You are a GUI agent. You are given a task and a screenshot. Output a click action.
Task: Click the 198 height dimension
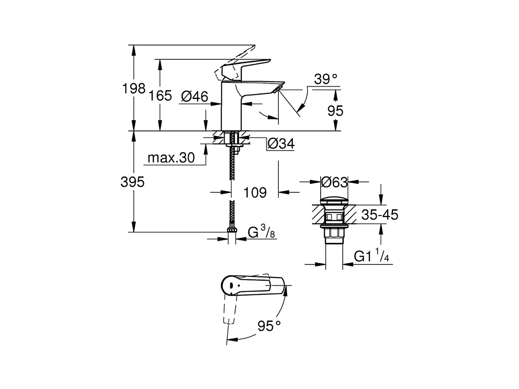[x=134, y=88]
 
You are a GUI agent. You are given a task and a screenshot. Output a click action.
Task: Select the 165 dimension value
[x=160, y=96]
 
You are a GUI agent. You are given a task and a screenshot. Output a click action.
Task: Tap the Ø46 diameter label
[x=195, y=96]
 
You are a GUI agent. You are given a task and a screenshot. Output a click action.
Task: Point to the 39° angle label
[x=326, y=79]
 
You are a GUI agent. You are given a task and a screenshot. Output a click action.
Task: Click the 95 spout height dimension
[x=335, y=111]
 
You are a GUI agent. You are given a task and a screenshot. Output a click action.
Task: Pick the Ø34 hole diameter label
[x=281, y=144]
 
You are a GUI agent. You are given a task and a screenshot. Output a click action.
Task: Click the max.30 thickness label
[x=171, y=158]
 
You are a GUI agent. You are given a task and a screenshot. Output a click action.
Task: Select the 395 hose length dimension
[x=132, y=182]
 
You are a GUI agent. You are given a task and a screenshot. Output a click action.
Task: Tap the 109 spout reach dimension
[x=255, y=192]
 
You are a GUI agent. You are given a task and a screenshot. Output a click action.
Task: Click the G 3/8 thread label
[x=261, y=231]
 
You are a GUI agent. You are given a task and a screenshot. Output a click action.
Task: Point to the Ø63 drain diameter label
[x=334, y=182]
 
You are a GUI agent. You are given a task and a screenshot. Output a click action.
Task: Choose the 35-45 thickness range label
[x=380, y=215]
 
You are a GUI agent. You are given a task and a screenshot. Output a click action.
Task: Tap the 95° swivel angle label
[x=270, y=326]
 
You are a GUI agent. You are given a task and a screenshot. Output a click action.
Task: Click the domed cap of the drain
[x=334, y=201]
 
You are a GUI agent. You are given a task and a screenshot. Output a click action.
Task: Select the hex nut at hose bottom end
[x=231, y=230]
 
